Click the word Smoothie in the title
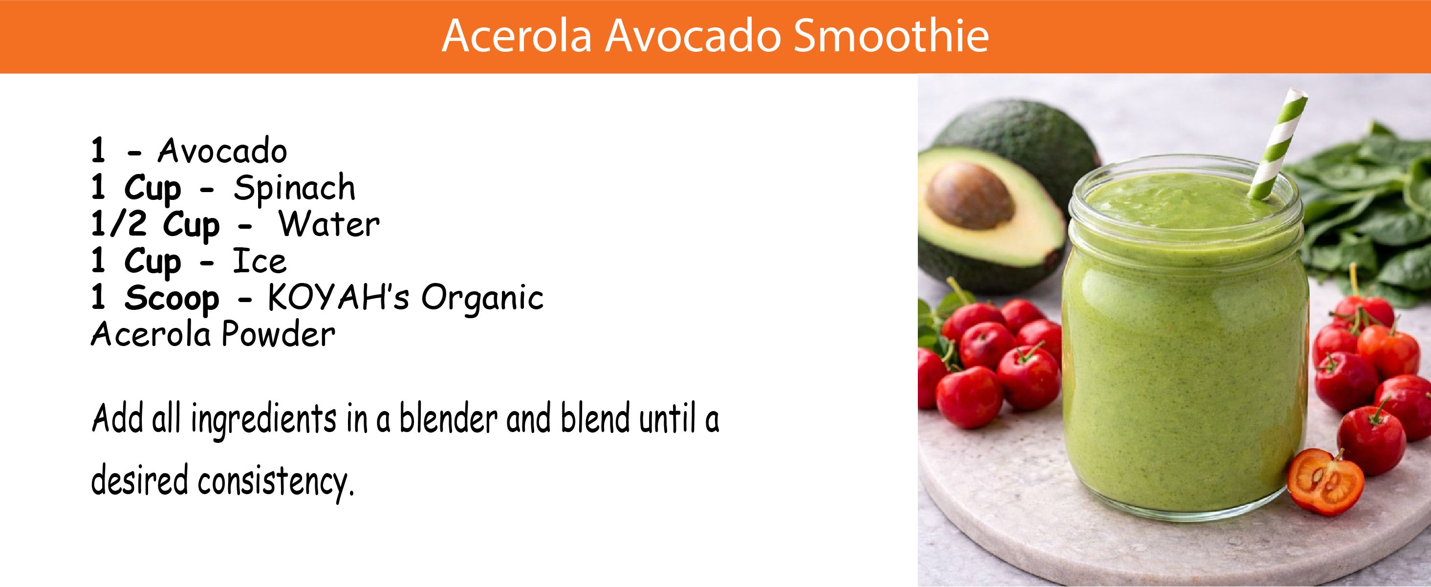(891, 36)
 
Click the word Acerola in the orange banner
(517, 36)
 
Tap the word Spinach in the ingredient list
(294, 188)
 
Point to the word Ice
(260, 261)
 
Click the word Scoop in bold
(172, 298)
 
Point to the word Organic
(482, 299)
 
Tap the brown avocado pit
(971, 196)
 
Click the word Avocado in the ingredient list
(222, 151)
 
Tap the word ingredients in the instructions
(264, 420)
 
